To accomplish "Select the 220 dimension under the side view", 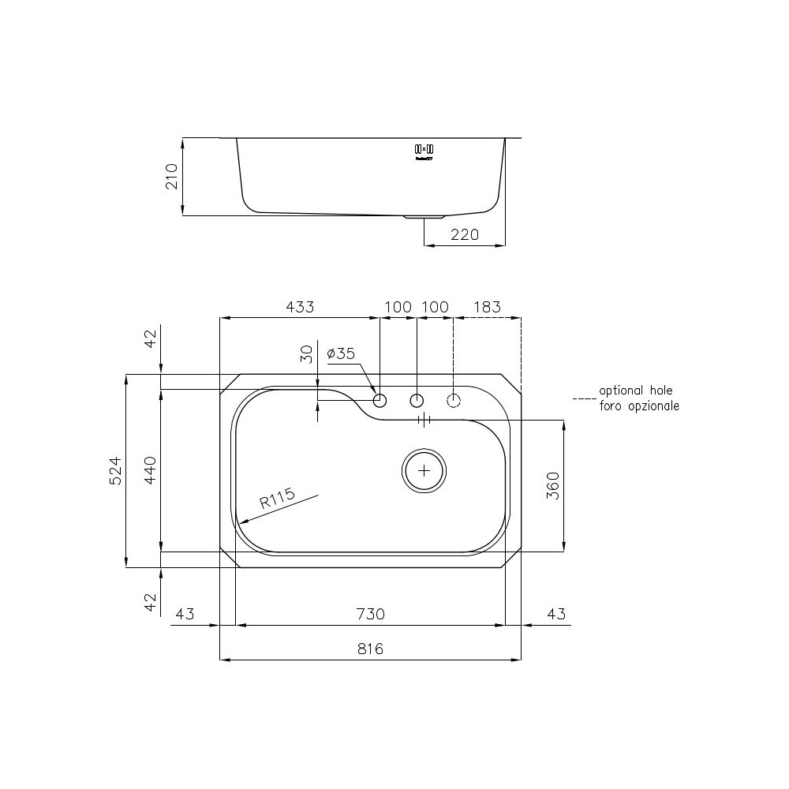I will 465,234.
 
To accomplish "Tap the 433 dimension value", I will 299,307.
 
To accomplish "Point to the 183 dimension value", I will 486,307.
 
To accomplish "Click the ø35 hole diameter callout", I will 341,354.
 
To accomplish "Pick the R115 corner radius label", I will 277,499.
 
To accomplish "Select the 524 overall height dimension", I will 115,470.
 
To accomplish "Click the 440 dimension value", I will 150,470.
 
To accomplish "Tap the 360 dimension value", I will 552,486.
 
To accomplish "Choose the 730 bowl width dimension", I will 370,614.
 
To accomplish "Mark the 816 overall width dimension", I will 370,649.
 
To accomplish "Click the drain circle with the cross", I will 424,470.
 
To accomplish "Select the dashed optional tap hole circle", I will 454,400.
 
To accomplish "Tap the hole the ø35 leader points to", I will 380,400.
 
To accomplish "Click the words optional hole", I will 636,391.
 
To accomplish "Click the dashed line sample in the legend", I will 585,398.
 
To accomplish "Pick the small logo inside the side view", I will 424,150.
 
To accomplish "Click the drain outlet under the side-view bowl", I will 424,216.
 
